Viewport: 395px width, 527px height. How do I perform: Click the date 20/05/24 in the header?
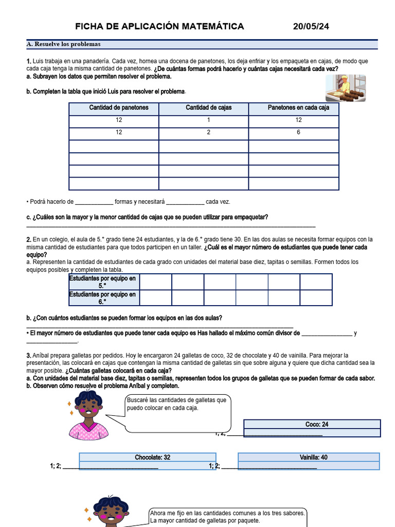pos(311,26)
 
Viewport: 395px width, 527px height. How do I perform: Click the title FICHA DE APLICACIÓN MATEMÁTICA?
pos(159,26)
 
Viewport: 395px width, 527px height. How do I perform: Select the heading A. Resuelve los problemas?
pos(64,44)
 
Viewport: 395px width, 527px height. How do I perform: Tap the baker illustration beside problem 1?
pos(345,88)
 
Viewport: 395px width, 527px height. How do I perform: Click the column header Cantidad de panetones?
pos(119,108)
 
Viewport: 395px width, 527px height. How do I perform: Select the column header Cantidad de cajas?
pos(209,108)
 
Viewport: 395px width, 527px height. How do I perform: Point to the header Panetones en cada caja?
pos(298,108)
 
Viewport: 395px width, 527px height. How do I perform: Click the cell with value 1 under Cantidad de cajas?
pos(209,120)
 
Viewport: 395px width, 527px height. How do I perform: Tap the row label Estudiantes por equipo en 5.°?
pos(103,282)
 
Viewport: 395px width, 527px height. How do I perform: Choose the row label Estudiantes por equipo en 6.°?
pos(103,298)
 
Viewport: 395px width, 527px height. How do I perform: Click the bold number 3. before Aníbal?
pos(28,356)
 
